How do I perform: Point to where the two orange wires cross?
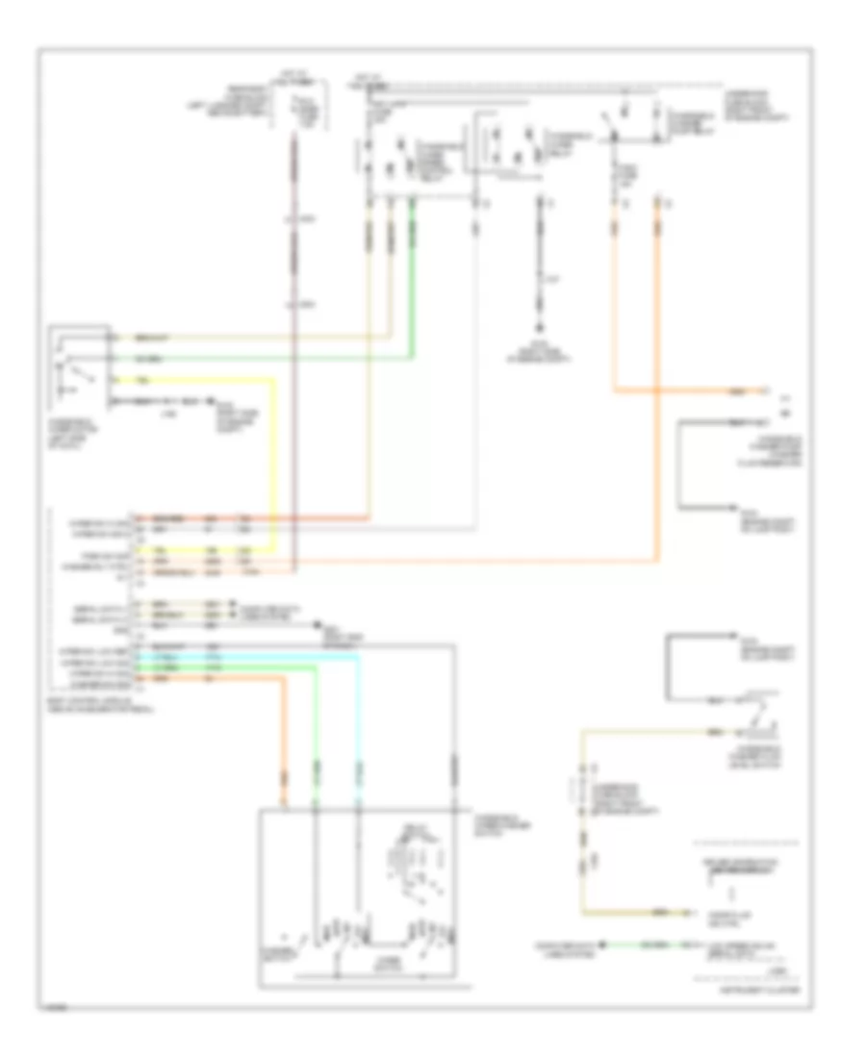point(659,390)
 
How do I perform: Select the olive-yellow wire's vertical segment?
point(580,818)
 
